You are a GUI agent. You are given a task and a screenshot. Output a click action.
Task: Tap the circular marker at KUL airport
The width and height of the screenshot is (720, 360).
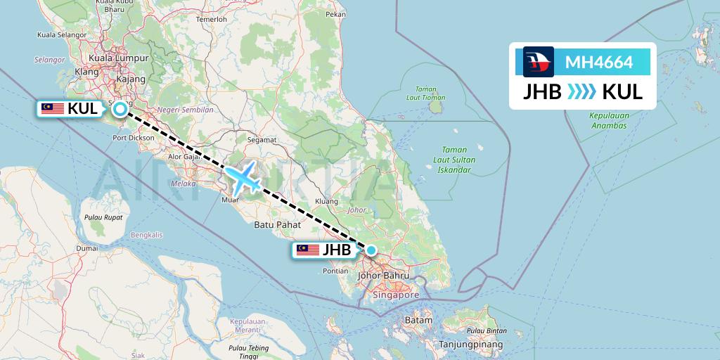[121, 109]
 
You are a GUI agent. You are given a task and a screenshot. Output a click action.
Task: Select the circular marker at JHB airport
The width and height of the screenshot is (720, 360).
[371, 250]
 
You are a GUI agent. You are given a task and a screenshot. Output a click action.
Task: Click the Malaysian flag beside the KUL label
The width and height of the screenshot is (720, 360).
[53, 108]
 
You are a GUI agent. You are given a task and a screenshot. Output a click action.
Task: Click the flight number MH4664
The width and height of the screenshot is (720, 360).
[599, 63]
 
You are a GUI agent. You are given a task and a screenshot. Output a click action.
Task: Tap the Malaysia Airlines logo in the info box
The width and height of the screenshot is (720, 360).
[539, 62]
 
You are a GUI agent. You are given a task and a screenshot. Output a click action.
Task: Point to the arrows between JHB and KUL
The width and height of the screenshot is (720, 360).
[581, 91]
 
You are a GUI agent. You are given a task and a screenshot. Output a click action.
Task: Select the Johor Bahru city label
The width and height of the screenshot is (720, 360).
[383, 276]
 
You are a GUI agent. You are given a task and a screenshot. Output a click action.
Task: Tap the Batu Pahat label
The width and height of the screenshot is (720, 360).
[278, 225]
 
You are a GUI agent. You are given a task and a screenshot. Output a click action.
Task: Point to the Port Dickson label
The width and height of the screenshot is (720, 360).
[133, 138]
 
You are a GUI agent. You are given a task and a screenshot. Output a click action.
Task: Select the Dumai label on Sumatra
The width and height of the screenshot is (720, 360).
[87, 248]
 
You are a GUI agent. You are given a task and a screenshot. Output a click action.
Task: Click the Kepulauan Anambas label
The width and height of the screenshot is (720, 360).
[608, 121]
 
